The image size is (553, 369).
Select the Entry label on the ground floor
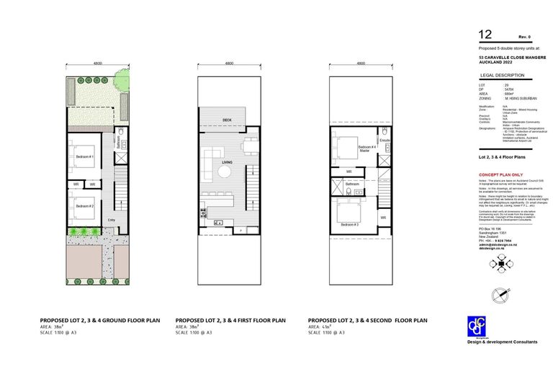111,220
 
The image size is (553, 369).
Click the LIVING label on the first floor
226,162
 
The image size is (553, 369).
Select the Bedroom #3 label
350,225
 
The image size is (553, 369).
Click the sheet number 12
485,34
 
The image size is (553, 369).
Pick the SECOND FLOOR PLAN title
368,320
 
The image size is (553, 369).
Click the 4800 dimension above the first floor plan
229,63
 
